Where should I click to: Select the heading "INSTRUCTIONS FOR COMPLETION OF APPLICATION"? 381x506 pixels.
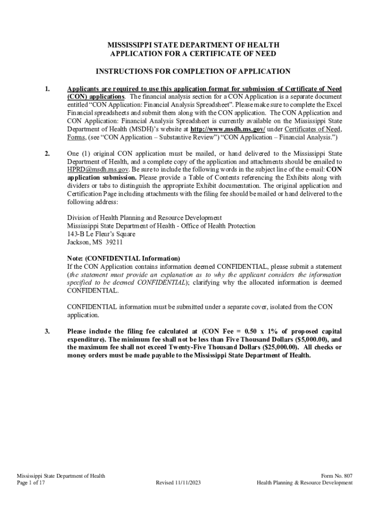[192, 71]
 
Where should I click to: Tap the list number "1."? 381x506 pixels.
[47, 88]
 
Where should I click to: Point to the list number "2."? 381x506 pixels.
[47, 154]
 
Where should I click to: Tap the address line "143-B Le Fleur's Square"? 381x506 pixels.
[101, 234]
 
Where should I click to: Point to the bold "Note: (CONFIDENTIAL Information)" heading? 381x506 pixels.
[124, 258]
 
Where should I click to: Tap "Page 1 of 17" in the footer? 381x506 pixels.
[31, 483]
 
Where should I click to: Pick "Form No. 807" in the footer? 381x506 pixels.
[336, 475]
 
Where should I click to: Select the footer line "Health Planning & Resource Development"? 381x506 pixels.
[304, 483]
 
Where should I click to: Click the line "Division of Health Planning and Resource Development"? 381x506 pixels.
[144, 217]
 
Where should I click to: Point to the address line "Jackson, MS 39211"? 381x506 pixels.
[95, 242]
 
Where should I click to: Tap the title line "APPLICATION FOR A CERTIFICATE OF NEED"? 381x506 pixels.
[192, 53]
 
